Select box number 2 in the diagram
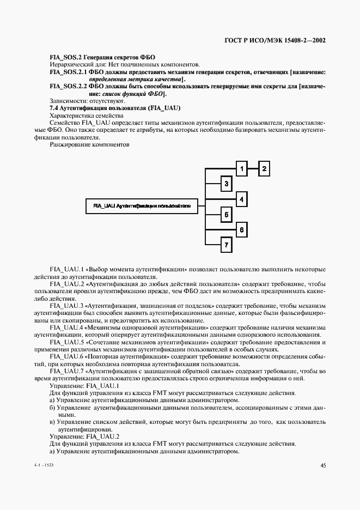(x=264, y=169)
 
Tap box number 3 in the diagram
(x=226, y=184)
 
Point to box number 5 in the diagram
(x=226, y=215)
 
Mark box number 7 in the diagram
(x=226, y=245)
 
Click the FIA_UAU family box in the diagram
(x=142, y=207)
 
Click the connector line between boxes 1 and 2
(x=253, y=169)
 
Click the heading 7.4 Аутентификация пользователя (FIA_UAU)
(x=115, y=108)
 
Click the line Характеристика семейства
(x=86, y=116)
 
